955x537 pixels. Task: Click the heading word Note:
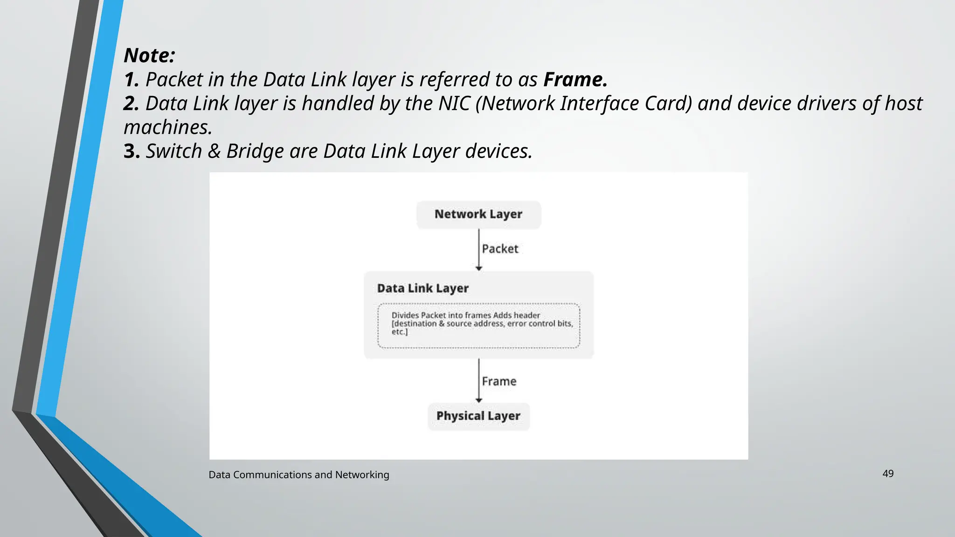[149, 55]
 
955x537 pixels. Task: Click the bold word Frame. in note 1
[575, 80]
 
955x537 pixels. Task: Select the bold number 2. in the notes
[131, 103]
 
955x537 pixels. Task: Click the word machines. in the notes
[168, 127]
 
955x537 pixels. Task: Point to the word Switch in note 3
[173, 151]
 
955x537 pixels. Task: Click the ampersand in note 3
[214, 151]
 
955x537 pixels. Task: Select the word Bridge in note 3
[255, 151]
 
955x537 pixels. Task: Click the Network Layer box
[478, 214]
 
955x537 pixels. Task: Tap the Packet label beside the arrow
[500, 249]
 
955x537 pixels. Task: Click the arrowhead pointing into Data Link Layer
[478, 268]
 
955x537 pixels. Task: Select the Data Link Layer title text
[422, 289]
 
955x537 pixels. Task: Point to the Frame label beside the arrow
[499, 381]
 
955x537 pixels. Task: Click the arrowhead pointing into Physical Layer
[478, 400]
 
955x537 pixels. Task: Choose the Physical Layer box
[478, 416]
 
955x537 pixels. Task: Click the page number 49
[888, 474]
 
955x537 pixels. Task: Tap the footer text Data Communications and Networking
[298, 475]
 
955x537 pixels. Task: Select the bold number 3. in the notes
[131, 151]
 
